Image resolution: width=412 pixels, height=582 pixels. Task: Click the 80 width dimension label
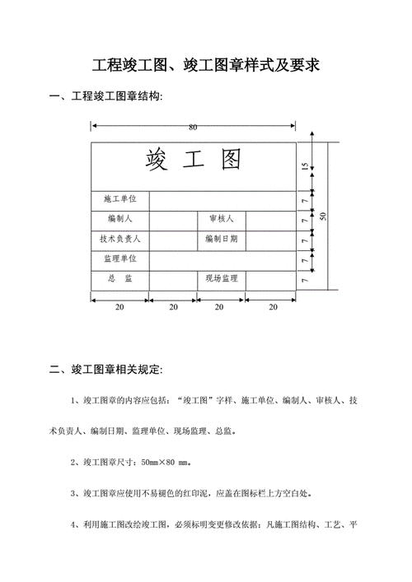click(193, 128)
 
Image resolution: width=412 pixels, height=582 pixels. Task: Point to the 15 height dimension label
click(304, 166)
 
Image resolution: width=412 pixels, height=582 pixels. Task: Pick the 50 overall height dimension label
click(323, 216)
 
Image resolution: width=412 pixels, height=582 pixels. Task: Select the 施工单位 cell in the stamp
click(119, 200)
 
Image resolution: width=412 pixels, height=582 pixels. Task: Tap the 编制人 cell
click(119, 220)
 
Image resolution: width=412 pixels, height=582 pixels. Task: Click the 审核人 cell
click(221, 220)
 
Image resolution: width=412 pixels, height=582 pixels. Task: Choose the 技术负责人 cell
click(119, 240)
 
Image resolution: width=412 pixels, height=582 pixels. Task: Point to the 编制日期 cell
click(221, 240)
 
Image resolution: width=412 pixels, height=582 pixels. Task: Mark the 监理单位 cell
click(119, 259)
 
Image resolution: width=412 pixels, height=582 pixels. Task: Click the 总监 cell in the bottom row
click(119, 279)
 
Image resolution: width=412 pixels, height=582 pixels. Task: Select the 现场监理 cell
click(221, 279)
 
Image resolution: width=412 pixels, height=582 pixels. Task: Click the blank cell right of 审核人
click(270, 220)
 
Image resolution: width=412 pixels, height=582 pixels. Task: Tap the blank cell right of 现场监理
click(270, 279)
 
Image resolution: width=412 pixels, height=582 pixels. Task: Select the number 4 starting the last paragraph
click(75, 524)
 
